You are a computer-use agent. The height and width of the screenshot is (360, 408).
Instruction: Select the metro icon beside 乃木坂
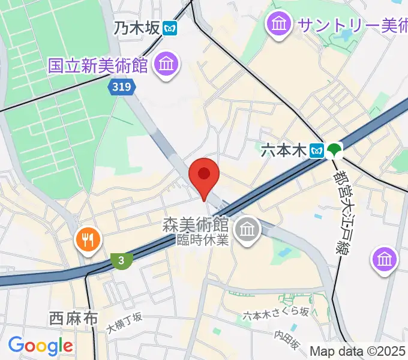[x=170, y=28]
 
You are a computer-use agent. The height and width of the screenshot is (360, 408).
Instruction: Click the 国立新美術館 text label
[x=98, y=65]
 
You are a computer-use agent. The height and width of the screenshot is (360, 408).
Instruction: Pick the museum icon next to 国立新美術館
[x=166, y=64]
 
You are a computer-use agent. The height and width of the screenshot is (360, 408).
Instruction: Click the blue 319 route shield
[x=122, y=88]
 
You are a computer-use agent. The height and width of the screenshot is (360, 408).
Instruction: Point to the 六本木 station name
[x=283, y=151]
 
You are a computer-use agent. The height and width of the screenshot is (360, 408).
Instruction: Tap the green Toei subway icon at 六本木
[x=334, y=150]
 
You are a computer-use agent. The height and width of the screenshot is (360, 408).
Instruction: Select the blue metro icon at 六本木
[x=317, y=151]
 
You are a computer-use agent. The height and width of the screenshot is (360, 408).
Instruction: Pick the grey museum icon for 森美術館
[x=246, y=229]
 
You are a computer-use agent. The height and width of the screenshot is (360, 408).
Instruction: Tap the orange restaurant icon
[x=88, y=240]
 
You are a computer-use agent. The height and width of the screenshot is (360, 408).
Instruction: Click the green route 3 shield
[x=122, y=260]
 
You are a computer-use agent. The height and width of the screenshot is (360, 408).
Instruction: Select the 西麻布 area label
[x=73, y=318]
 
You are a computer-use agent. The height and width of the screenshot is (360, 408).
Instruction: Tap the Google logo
[x=40, y=346]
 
